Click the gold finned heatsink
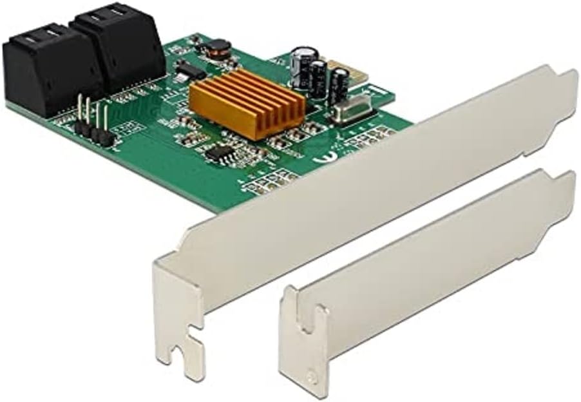[246, 102]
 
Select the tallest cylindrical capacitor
[301, 65]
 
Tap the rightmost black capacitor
[338, 84]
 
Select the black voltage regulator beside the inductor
[189, 69]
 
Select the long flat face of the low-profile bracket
[438, 258]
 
